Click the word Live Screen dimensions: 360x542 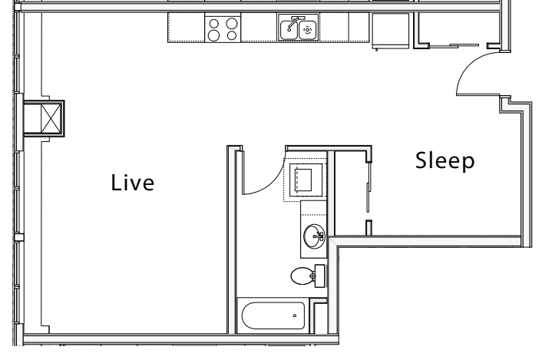pyautogui.click(x=133, y=183)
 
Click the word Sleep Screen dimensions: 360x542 pyautogui.click(x=445, y=161)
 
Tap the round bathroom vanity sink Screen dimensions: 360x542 pyautogui.click(x=315, y=236)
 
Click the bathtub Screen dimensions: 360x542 pyautogui.click(x=272, y=315)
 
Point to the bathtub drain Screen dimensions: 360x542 pyautogui.click(x=294, y=315)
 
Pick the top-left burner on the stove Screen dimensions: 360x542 pyautogui.click(x=215, y=22)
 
